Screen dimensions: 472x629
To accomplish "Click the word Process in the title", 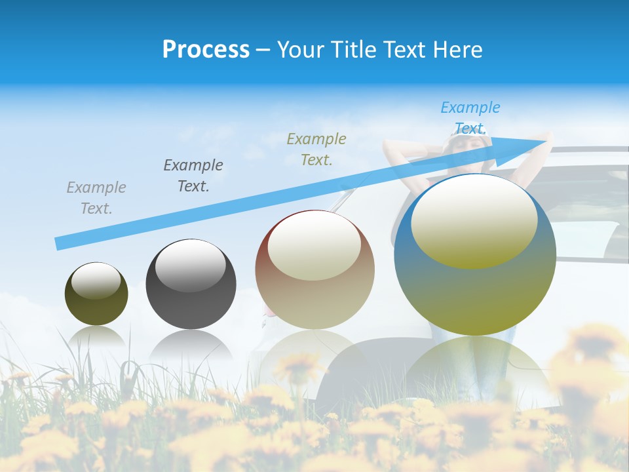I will click(206, 49).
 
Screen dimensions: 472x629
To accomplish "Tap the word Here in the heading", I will click(457, 49).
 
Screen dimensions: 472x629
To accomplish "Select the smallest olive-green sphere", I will click(96, 294).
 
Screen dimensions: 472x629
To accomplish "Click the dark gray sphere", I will click(191, 284).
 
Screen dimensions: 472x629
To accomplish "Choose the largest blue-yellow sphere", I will click(475, 254).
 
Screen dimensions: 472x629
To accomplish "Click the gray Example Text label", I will click(96, 198).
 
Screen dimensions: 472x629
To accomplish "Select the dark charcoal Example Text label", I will click(193, 176).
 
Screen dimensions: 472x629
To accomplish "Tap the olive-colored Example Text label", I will click(316, 149).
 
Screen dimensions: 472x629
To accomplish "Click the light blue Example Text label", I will click(470, 117).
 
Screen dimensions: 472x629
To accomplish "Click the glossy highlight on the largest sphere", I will click(474, 220).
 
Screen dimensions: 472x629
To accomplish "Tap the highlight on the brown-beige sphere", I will click(314, 245).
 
